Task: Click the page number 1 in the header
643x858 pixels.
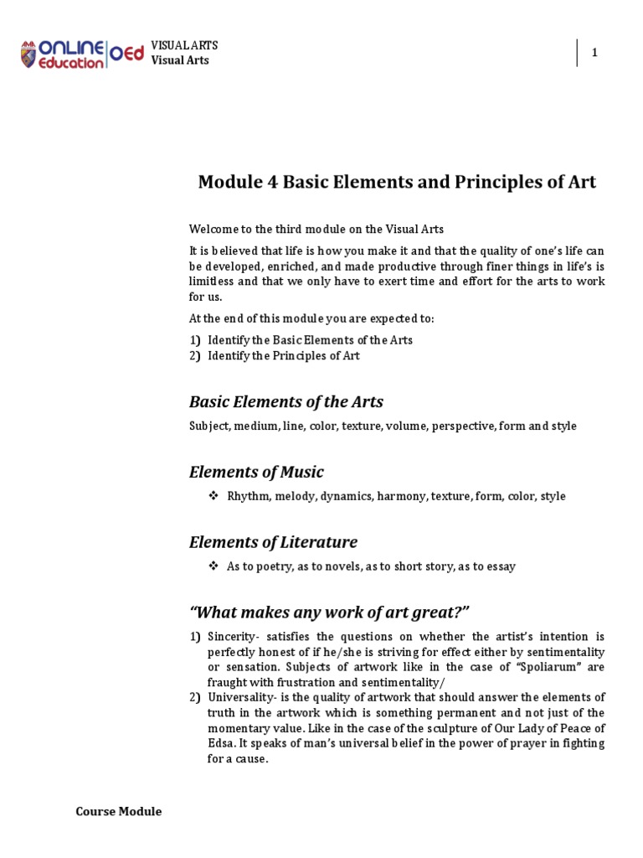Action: point(594,53)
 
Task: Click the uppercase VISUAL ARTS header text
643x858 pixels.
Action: point(183,45)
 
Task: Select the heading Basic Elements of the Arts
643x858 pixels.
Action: point(285,401)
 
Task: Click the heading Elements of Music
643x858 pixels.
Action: point(256,472)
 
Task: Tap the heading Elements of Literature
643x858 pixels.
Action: point(273,541)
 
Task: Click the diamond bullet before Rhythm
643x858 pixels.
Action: point(213,496)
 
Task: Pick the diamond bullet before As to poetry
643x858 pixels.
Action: point(213,566)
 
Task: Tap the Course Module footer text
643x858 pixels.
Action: point(118,811)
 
